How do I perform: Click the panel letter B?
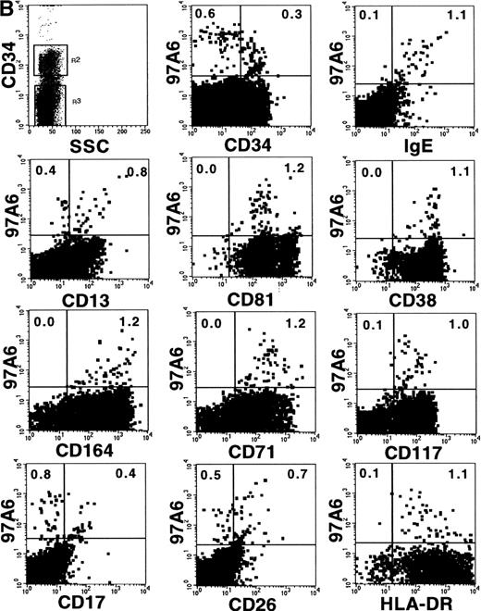[7, 8]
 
